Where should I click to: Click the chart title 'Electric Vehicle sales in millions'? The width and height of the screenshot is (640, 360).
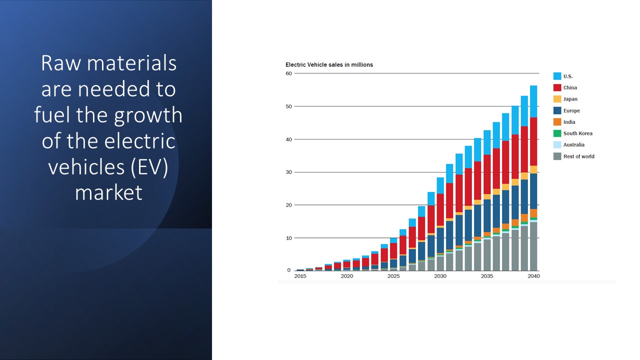pos(329,64)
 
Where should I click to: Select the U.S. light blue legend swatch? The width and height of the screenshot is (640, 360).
pos(557,76)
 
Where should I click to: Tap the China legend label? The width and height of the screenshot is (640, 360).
pos(570,88)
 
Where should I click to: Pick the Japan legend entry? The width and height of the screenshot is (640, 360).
pos(570,99)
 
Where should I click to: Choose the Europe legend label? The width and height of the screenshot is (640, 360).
pos(571,110)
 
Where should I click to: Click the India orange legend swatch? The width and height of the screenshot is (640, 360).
pos(557,122)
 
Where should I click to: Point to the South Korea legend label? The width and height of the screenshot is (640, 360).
pos(577,133)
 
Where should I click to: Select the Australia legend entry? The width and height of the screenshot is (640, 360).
pos(573,145)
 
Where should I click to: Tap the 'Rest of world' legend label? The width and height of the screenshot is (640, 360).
pos(578,156)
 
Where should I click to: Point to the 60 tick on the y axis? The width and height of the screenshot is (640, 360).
pos(288,73)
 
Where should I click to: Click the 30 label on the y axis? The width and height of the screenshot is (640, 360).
pos(288,172)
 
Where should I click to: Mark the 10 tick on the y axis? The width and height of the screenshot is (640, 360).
pos(288,238)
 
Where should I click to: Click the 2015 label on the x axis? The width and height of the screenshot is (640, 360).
pos(300,276)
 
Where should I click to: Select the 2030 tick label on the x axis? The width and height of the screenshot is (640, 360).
pos(440,276)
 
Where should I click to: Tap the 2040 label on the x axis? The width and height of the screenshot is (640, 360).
pos(533,276)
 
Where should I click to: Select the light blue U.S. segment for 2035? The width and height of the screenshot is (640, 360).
pos(487,142)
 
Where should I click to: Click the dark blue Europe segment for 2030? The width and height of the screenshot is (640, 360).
pos(440,240)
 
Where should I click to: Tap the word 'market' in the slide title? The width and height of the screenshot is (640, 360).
pos(108,192)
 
